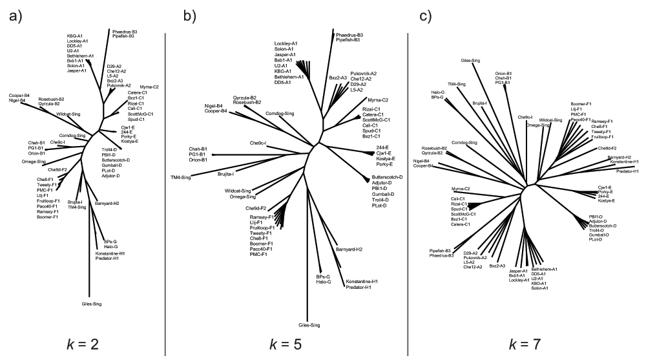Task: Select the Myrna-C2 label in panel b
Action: click(x=378, y=100)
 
